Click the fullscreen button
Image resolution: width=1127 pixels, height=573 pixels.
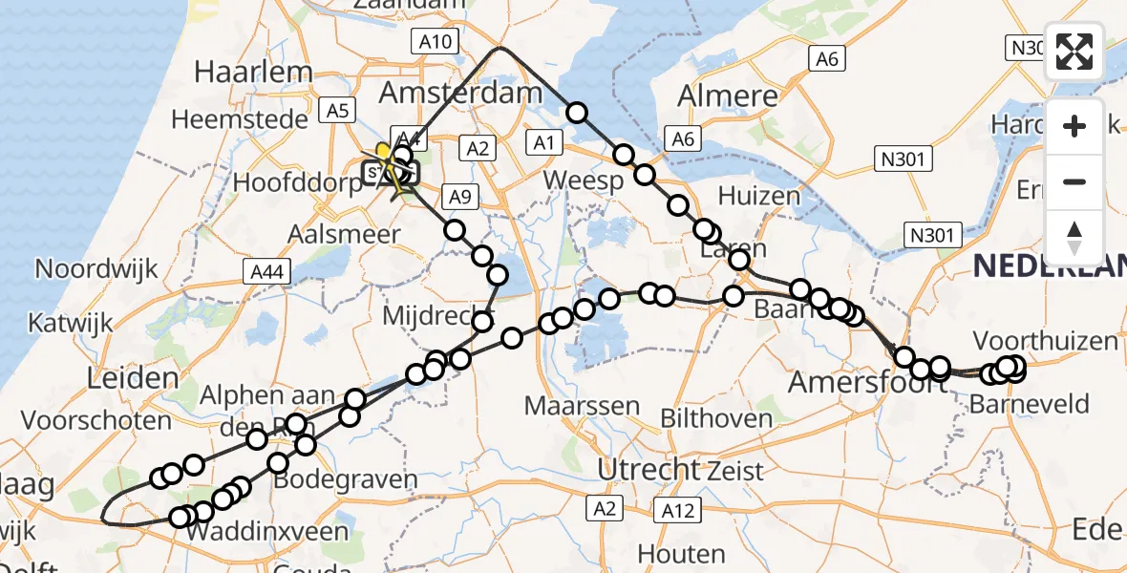tap(1074, 52)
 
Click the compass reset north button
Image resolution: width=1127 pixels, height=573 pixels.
tap(1074, 238)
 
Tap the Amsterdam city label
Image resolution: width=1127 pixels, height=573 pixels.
tap(460, 93)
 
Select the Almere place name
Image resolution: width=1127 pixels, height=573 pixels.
tap(729, 95)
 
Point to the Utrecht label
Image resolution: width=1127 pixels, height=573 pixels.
tap(649, 469)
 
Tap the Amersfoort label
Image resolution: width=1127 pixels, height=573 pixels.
tap(852, 383)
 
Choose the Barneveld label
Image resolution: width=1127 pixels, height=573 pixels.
tap(1029, 404)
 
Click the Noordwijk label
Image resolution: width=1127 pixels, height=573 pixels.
tap(96, 268)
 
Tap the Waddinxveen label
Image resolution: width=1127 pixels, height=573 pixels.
tap(266, 532)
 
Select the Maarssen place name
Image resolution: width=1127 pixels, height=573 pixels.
tap(582, 406)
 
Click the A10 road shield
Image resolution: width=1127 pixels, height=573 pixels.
tap(436, 41)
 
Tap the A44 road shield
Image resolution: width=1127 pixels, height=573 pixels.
tap(267, 273)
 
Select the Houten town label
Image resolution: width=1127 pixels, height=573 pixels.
tap(681, 554)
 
